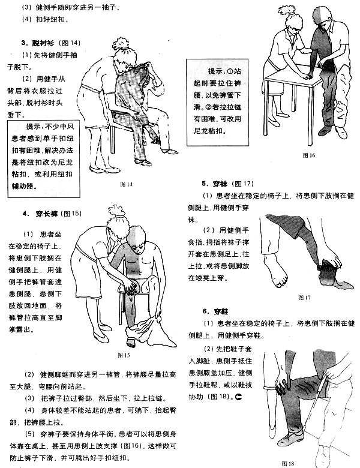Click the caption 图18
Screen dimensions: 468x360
click(289, 463)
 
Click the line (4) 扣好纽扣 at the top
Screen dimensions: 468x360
click(44, 20)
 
